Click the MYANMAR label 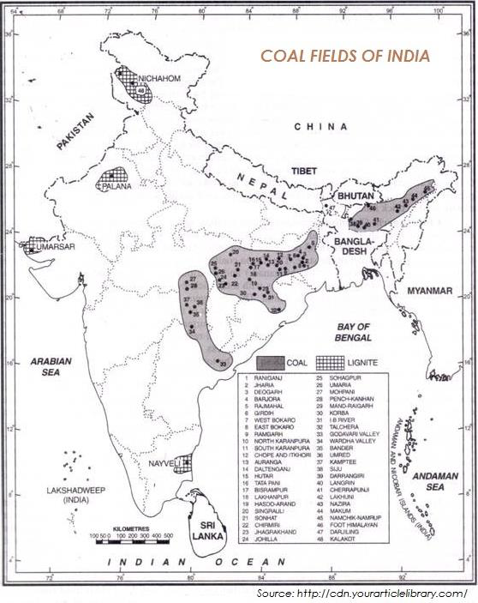(x=429, y=291)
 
